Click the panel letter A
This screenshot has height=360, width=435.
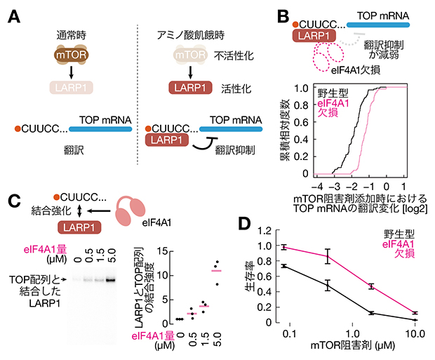tap(13, 15)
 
